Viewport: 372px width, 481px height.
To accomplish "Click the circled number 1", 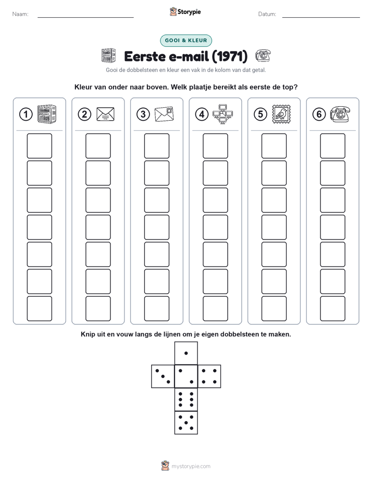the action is tap(26, 115).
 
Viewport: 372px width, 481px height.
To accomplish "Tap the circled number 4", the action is tap(202, 115).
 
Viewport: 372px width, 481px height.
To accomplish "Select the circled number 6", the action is tap(319, 115).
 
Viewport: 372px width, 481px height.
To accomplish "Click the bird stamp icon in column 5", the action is tap(281, 114).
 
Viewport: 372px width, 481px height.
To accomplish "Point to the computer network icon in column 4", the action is tap(222, 114).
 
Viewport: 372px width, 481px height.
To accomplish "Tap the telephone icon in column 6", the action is tap(340, 114).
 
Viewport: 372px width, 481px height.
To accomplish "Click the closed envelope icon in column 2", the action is tap(105, 114).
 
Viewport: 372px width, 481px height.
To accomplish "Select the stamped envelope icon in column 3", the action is tap(164, 114).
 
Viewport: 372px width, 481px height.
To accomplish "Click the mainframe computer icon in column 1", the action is tap(47, 114).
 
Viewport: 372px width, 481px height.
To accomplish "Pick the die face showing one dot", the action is tap(186, 353).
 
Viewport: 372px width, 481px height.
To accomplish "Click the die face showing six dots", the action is tap(186, 399).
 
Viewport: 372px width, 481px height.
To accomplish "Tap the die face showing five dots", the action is tap(186, 422).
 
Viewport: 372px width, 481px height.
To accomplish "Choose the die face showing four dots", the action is tap(209, 376).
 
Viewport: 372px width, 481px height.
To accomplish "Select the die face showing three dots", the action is tap(163, 376).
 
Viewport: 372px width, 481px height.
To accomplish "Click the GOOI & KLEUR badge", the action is tap(186, 41).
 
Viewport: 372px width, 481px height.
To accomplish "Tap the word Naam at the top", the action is tap(20, 14).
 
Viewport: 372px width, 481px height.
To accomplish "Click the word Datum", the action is tap(267, 14).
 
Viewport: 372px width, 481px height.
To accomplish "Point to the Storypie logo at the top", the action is tap(185, 11).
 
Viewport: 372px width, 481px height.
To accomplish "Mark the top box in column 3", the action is tap(156, 146).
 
